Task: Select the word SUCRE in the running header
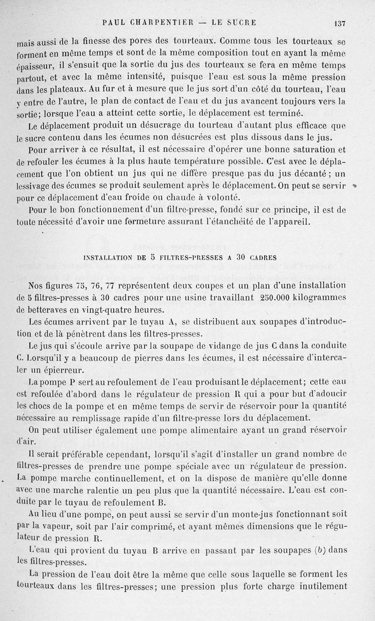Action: [x=240, y=22]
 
